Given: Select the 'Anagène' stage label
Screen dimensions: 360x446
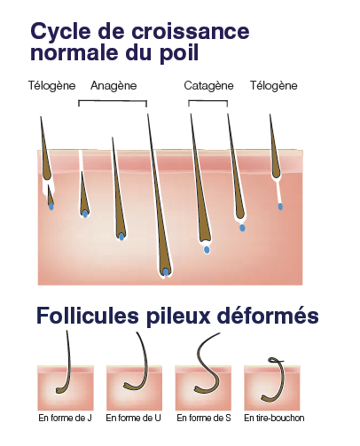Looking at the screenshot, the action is click(113, 86).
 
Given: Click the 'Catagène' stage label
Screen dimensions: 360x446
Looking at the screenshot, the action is click(208, 86).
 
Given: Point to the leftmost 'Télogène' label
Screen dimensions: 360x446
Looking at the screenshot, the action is click(52, 86).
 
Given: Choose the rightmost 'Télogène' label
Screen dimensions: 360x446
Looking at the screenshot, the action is click(274, 86).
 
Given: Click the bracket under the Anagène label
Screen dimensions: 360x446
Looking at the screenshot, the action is click(113, 101).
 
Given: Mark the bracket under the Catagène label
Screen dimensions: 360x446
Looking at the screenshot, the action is click(208, 101).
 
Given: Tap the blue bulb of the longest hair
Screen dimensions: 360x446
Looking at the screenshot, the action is click(166, 272).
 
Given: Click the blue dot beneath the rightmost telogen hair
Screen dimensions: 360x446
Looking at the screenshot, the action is click(280, 207).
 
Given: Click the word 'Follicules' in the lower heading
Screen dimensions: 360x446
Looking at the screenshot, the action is click(88, 316).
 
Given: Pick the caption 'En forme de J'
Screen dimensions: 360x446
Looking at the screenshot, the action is click(65, 418).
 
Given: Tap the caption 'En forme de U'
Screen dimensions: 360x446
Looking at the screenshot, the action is click(134, 418).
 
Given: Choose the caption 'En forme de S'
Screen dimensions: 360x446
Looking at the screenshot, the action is click(204, 418).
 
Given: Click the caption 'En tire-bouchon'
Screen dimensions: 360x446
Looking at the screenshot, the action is click(274, 418).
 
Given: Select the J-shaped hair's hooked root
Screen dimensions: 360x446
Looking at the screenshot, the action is click(59, 391).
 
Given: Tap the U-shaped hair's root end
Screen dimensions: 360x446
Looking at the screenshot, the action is click(127, 385).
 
